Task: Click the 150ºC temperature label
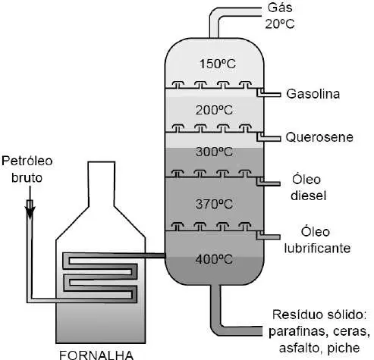pos(218,64)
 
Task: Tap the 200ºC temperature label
pos(214,110)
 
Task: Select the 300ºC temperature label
pos(214,152)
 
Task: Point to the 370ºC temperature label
pos(214,204)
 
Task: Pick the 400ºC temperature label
pos(214,259)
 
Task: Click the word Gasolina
pos(313,94)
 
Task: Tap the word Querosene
pos(319,137)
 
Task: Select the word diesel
pos(309,196)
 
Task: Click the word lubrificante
pos(317,248)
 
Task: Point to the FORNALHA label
pos(96,355)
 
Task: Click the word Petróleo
pos(27,161)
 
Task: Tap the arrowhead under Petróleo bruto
pos(30,213)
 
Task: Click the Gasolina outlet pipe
pos(269,93)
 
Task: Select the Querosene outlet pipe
pos(269,137)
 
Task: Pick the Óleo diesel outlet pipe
pos(268,183)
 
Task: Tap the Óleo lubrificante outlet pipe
pos(268,236)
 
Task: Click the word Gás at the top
pos(280,8)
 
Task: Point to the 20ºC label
pos(280,24)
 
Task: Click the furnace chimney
pos(102,184)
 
